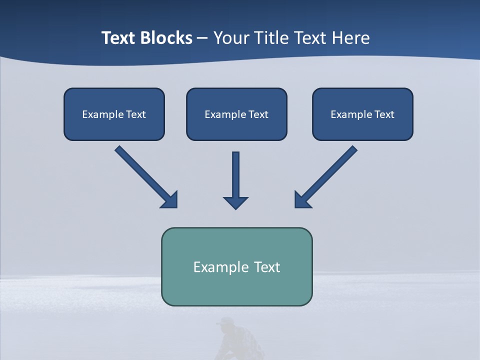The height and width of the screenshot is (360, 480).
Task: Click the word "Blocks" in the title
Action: (166, 38)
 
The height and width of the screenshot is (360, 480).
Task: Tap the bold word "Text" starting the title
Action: (119, 38)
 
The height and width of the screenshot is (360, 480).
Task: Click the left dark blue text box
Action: (114, 114)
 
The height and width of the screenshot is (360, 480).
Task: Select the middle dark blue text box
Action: (236, 114)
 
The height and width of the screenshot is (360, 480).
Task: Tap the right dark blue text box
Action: (362, 114)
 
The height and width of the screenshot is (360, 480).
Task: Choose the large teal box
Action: (236, 266)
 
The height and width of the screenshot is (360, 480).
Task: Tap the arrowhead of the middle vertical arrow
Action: (236, 202)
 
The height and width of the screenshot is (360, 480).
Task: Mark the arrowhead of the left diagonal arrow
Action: (169, 199)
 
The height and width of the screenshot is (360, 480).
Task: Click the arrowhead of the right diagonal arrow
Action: (302, 199)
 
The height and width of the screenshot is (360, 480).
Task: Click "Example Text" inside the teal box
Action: (236, 266)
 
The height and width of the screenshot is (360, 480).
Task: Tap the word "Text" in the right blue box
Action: (384, 114)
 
